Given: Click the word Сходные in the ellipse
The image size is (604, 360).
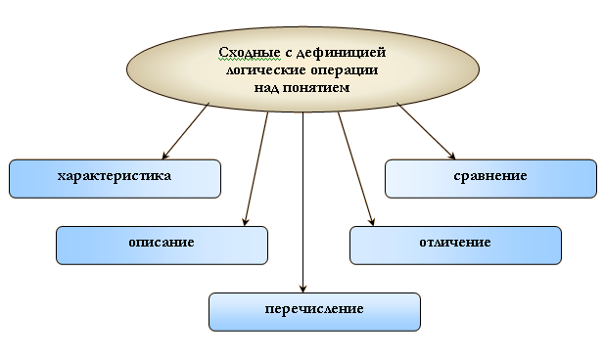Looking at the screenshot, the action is [250, 53].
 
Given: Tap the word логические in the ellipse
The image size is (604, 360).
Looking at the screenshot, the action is [266, 70].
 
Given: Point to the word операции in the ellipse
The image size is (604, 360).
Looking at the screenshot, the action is [345, 70].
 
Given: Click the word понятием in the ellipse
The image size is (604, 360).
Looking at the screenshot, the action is [316, 88].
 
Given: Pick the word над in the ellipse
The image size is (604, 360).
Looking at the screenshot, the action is [266, 88].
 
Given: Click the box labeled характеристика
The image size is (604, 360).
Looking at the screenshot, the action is [115, 179].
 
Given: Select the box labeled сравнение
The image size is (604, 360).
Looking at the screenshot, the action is [490, 179].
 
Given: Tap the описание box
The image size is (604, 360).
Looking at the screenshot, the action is [162, 246].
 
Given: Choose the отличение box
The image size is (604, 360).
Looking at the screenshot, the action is [456, 246].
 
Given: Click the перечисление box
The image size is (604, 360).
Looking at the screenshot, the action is [314, 312].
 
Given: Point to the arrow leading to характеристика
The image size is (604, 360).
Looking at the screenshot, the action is [186, 131].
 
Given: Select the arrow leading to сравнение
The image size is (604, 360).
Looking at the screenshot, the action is [426, 131].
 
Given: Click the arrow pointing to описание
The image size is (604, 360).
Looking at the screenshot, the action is [256, 168].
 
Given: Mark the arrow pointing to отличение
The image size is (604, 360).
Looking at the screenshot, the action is [356, 168].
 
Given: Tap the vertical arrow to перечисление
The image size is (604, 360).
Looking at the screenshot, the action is [302, 202].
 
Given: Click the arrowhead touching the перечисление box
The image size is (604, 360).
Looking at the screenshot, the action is [302, 289].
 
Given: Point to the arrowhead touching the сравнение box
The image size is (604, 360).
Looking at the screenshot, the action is [452, 156].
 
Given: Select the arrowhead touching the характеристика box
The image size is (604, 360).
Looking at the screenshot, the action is [165, 155].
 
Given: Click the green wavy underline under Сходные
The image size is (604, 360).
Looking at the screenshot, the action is [250, 60].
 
